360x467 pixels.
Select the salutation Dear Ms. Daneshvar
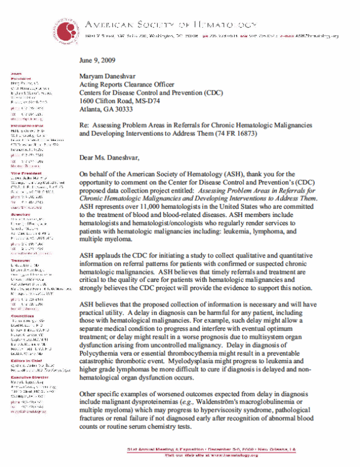[117, 157]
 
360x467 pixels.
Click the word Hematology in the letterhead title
[224, 25]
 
